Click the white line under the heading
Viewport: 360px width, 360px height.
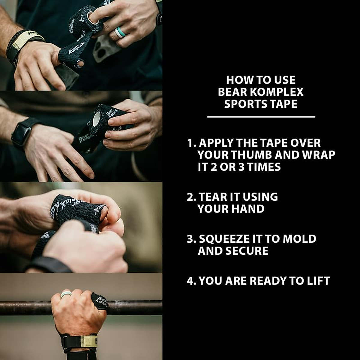tap(261, 117)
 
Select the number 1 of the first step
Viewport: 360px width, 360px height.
tap(190, 143)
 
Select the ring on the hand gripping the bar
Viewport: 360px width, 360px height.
tap(66, 294)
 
